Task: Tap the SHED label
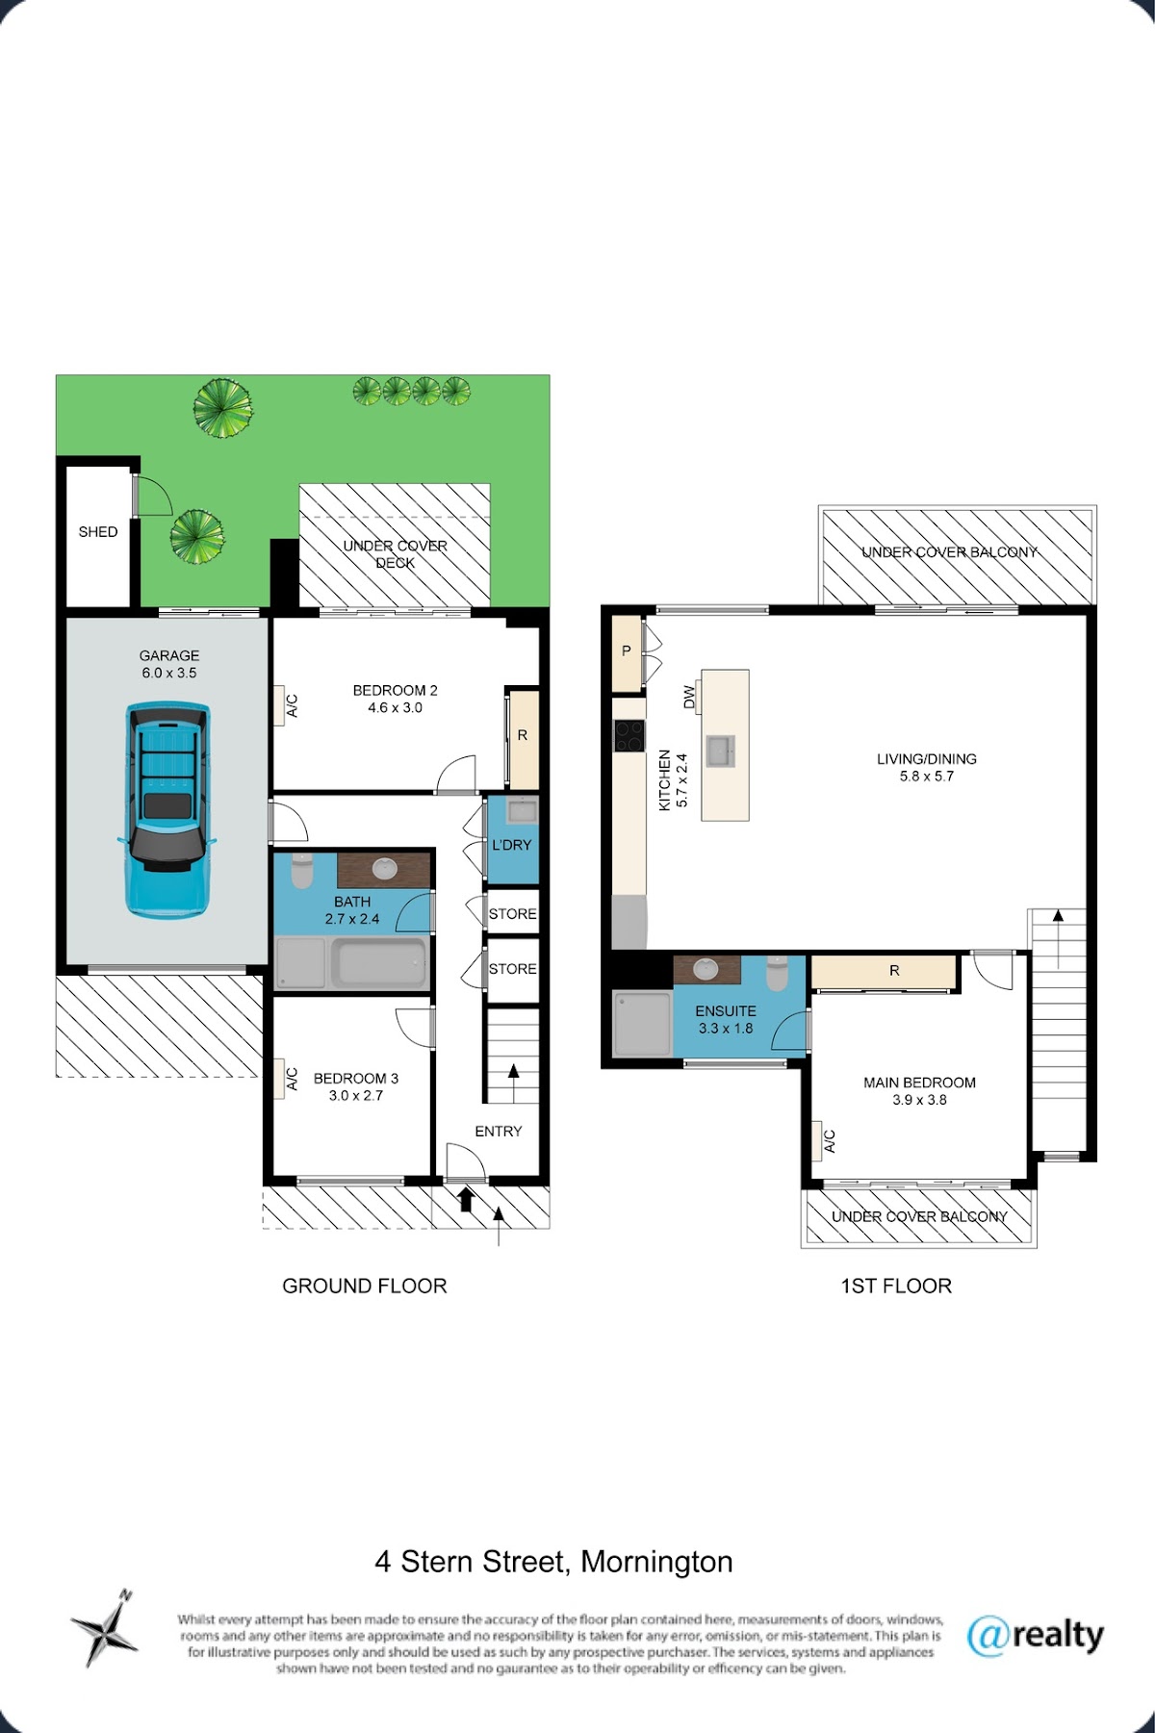coord(98,532)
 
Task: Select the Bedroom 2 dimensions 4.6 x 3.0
coord(395,708)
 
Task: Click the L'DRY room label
coord(511,845)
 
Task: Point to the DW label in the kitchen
coord(689,697)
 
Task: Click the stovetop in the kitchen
coord(629,736)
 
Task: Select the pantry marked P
coord(628,652)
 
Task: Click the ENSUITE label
coord(726,1011)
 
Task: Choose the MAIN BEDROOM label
coord(919,1083)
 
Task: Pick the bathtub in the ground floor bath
coord(382,961)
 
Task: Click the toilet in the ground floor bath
coord(301,872)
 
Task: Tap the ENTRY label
coord(499,1132)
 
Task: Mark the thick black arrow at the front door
coord(466,1198)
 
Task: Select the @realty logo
coord(1035,1636)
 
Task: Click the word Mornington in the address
coord(657,1562)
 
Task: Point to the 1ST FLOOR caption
coord(896,1287)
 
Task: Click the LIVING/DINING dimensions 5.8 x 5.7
coord(927,777)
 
